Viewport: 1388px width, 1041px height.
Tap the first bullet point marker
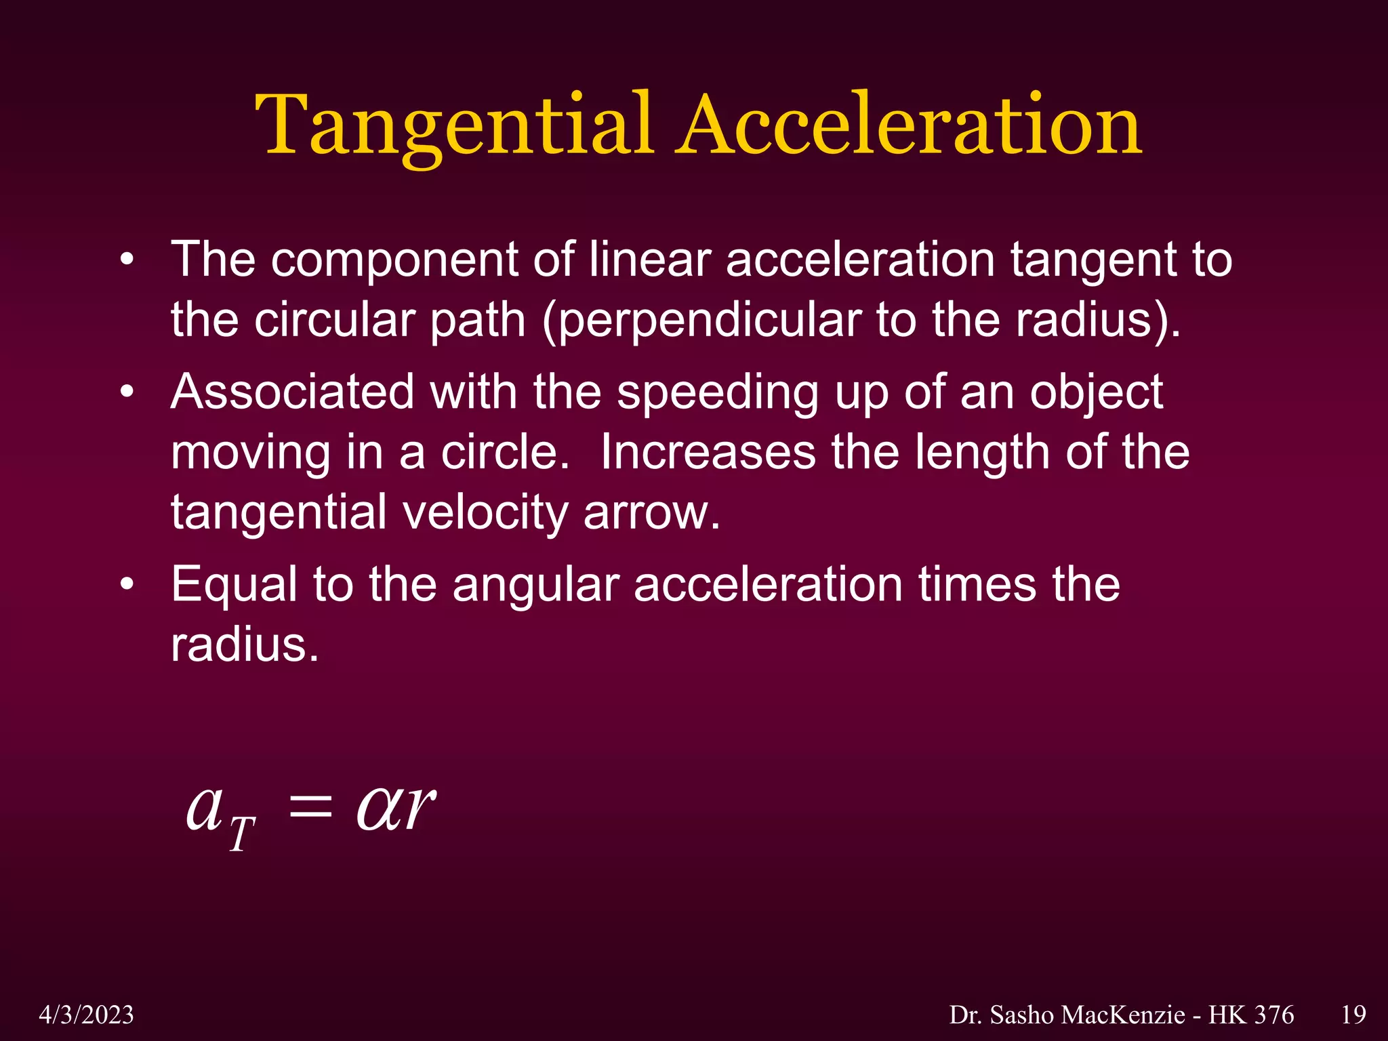127,260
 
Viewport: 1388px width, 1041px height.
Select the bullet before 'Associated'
127,392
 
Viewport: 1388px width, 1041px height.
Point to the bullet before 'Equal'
127,585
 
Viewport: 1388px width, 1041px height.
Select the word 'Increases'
708,452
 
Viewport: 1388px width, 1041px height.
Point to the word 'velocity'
485,513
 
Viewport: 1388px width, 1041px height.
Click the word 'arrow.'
651,513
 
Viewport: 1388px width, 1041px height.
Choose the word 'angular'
535,586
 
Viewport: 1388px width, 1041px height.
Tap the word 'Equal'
234,586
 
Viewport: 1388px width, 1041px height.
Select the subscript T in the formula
241,834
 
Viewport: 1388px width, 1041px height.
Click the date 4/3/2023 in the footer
86,1015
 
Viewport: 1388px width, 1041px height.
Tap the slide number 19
1353,1015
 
